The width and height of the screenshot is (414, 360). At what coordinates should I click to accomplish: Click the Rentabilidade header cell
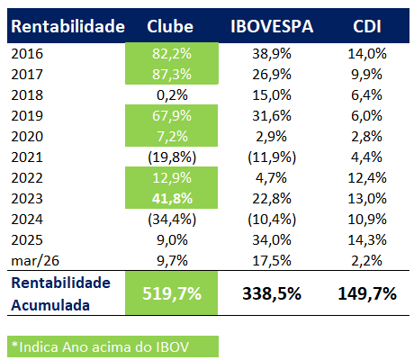coord(67,27)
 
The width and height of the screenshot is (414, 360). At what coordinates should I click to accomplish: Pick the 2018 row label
coord(28,93)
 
